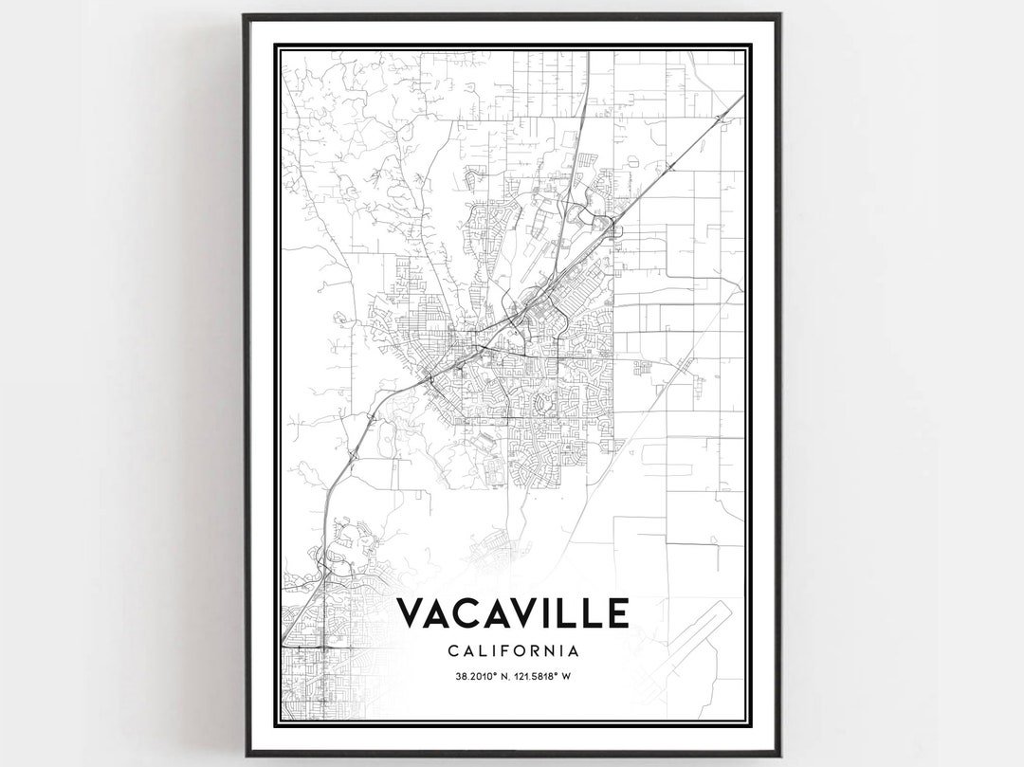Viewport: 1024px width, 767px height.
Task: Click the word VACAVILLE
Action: click(512, 613)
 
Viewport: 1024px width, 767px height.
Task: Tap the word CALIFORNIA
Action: click(512, 651)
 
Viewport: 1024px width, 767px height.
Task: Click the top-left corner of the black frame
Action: click(245, 15)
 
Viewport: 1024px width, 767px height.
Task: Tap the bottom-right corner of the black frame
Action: click(779, 755)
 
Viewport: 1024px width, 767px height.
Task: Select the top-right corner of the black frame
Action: click(779, 15)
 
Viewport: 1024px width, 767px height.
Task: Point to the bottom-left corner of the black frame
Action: click(245, 755)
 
